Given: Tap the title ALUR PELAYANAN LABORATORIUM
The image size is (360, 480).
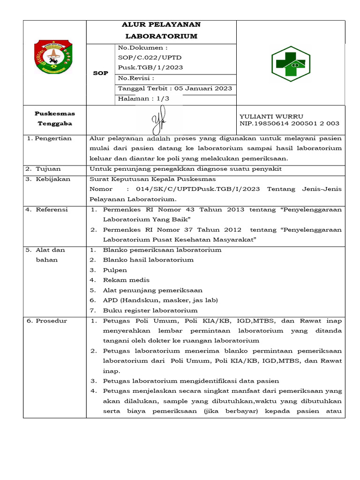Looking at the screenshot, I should pyautogui.click(x=161, y=30).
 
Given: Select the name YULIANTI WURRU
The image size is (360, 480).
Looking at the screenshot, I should pyautogui.click(x=271, y=116).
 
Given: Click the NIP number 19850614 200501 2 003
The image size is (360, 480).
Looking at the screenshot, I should pyautogui.click(x=289, y=124).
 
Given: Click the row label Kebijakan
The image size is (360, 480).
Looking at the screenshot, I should pyautogui.click(x=53, y=179).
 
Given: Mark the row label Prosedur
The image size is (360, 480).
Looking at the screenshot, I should pyautogui.click(x=51, y=321).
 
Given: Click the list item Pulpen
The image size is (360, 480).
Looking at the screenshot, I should pyautogui.click(x=115, y=270).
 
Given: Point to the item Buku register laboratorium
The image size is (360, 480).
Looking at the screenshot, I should pyautogui.click(x=150, y=310).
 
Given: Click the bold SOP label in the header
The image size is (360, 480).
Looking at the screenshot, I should pyautogui.click(x=101, y=73).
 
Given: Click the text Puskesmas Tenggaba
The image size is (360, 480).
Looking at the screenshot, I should pyautogui.click(x=55, y=119).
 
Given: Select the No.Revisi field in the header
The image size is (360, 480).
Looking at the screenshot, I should pyautogui.click(x=136, y=78).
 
